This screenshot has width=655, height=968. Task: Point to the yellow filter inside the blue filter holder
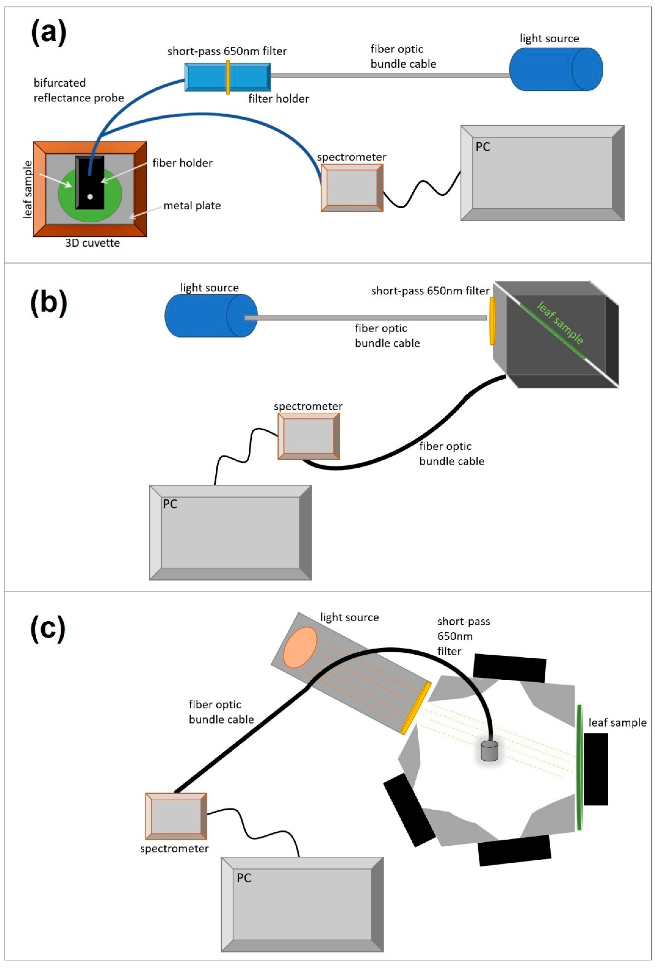[228, 77]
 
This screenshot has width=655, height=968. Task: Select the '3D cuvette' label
[93, 243]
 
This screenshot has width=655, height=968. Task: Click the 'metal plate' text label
[192, 206]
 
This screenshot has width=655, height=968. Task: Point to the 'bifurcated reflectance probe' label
[78, 90]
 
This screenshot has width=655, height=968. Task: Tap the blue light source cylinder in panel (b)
[211, 315]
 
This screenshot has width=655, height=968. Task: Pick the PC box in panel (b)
[230, 532]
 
